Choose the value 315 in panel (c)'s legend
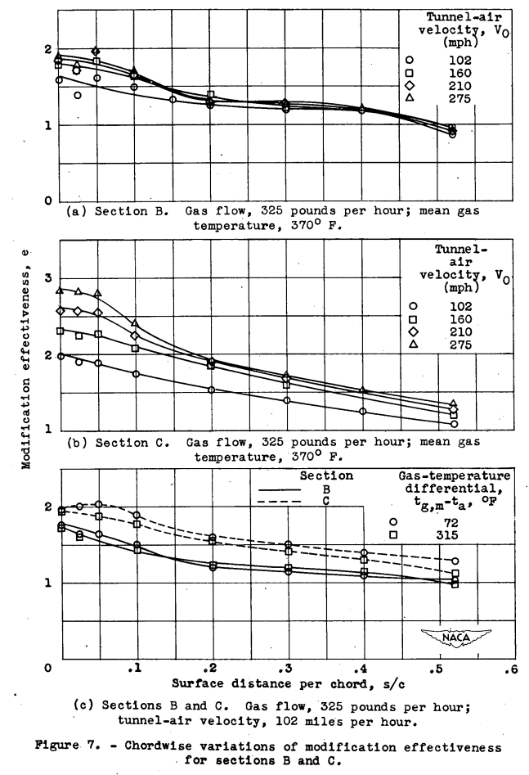[x=446, y=534]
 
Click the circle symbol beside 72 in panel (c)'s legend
[x=393, y=521]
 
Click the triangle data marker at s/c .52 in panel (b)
[x=454, y=403]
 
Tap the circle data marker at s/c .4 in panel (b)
[x=363, y=412]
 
